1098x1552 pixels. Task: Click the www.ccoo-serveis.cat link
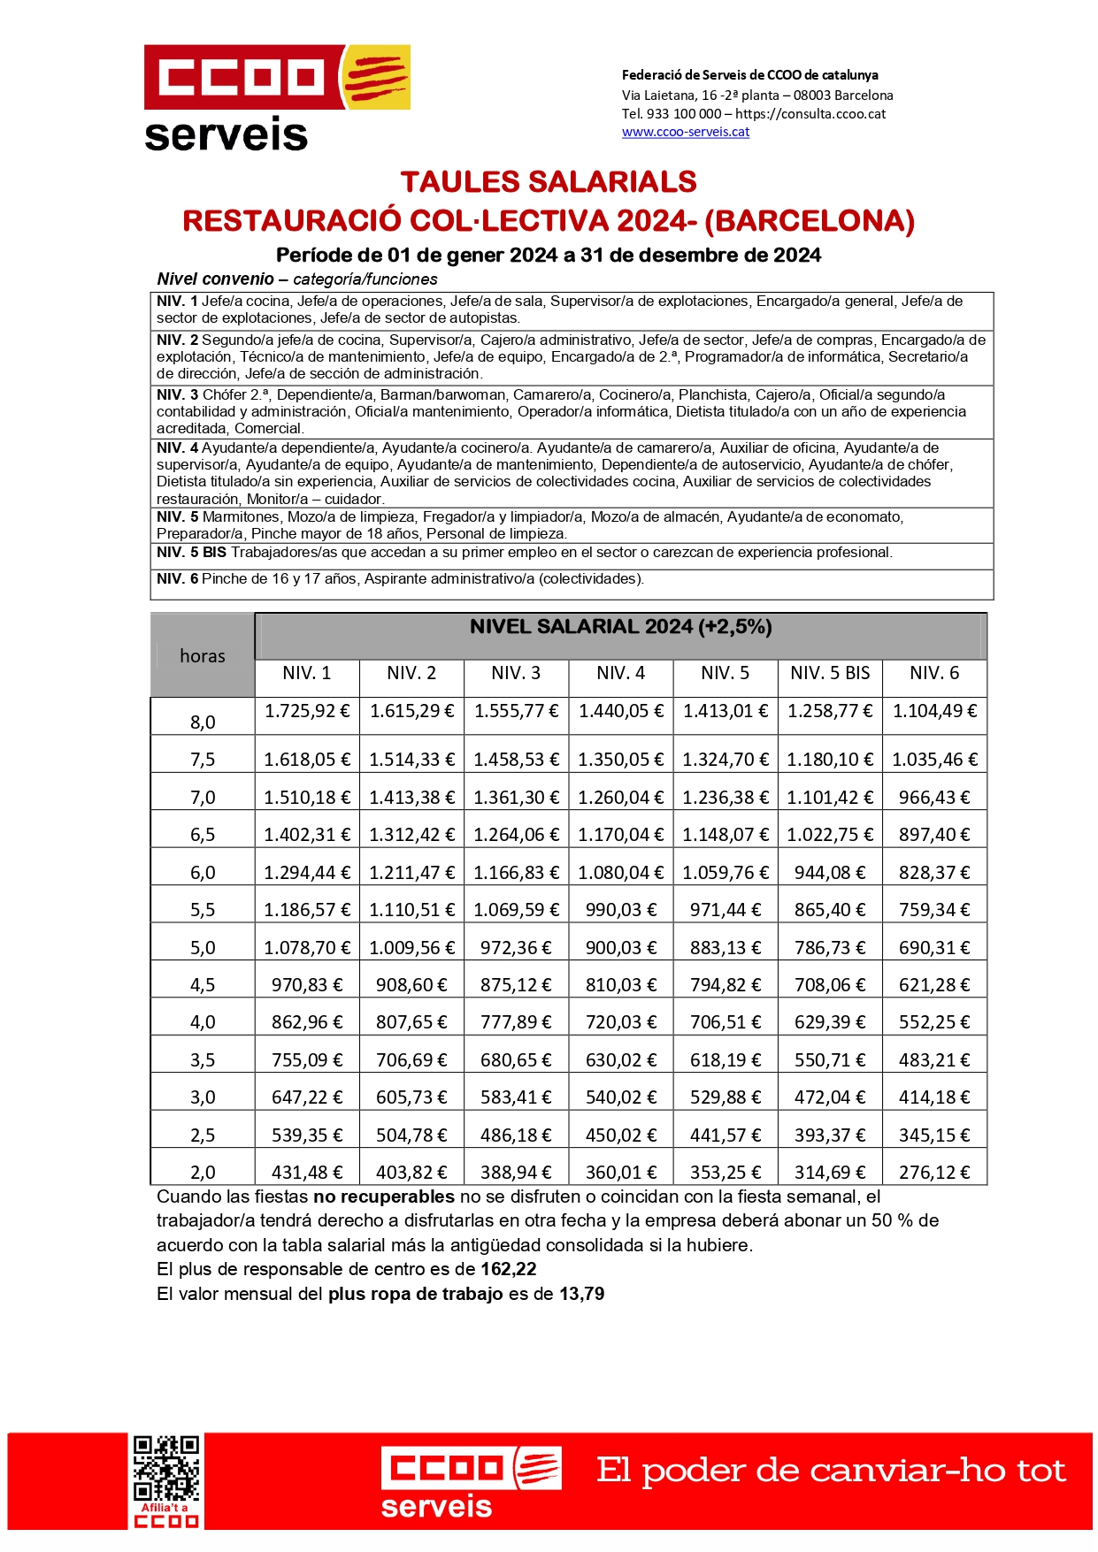686,132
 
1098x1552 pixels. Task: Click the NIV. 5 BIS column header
830,673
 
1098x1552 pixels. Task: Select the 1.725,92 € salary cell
307,711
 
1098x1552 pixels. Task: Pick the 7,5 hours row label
203,760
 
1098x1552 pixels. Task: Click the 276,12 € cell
934,1173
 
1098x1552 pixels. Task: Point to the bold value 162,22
509,1270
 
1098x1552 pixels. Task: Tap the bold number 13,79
581,1295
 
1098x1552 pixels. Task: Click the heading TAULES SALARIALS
549,182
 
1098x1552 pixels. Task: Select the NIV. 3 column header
516,673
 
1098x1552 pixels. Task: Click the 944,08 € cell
830,873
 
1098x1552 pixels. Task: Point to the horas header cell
203,656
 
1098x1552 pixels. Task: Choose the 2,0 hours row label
203,1173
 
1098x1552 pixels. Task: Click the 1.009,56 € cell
411,948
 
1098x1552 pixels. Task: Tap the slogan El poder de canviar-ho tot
831,1471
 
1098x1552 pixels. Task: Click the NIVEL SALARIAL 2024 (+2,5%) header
620,627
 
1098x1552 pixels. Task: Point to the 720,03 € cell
621,1022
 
